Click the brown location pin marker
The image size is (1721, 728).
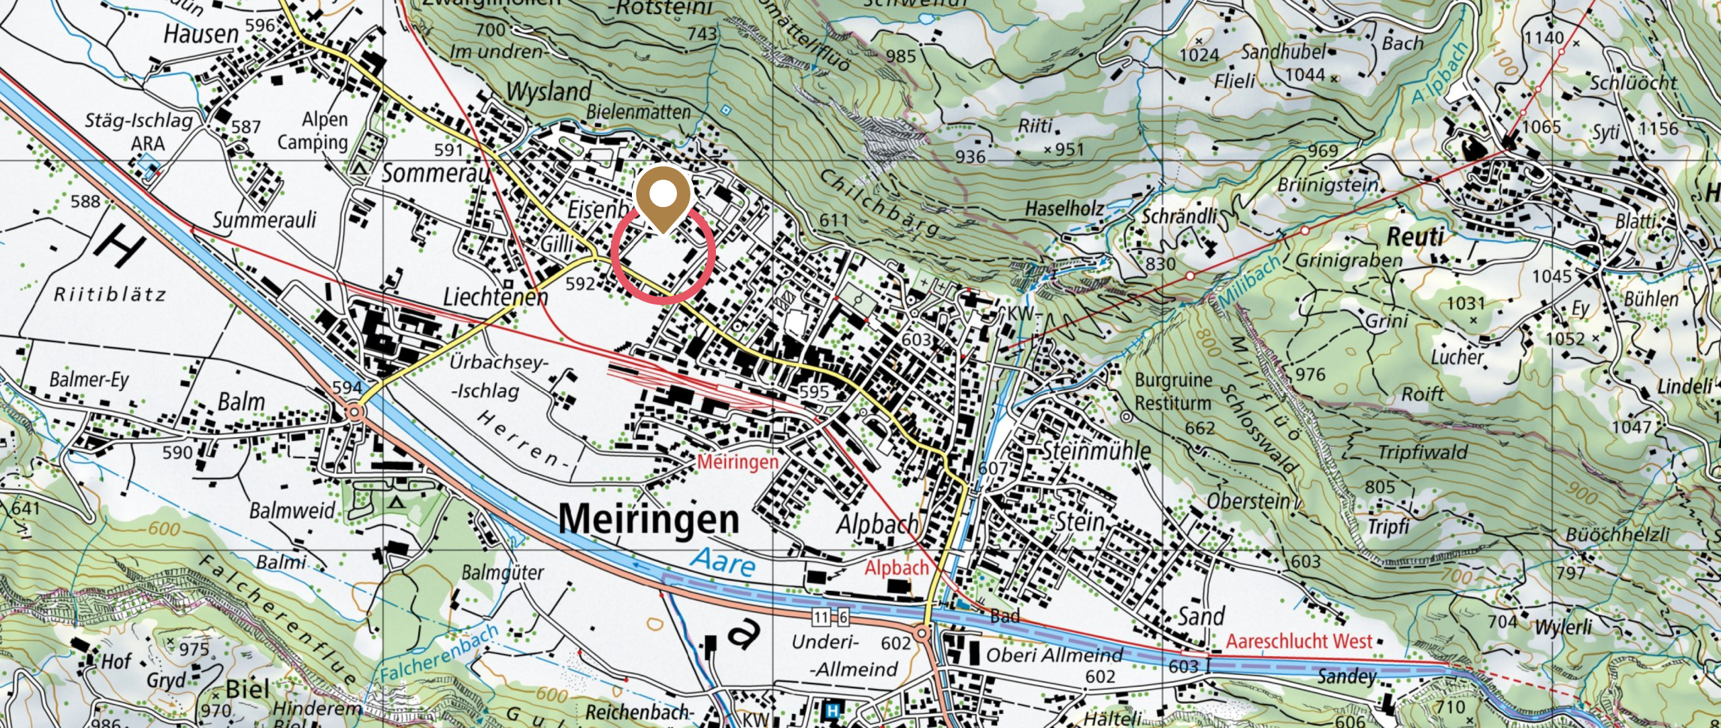pos(663,196)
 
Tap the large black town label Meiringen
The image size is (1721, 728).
pos(648,520)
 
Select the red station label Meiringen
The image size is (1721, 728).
pos(737,462)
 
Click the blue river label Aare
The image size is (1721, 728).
pos(724,562)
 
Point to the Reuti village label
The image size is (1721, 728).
pos(1415,237)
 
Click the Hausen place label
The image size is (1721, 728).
pos(201,34)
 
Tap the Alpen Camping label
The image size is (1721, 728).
pos(313,130)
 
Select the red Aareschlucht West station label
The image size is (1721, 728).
pos(1298,641)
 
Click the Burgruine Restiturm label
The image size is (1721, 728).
pos(1174,391)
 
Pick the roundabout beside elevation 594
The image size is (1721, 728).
pos(356,410)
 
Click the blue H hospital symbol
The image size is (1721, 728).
pos(833,710)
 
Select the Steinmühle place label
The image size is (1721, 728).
pos(1096,450)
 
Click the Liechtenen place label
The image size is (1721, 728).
pos(495,296)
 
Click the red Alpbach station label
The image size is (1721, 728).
pos(896,568)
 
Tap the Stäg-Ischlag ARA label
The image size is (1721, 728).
pos(138,132)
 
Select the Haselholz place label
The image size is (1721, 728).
pos(1064,209)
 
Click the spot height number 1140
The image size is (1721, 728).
pos(1544,37)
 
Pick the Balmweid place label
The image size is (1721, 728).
pos(292,511)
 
